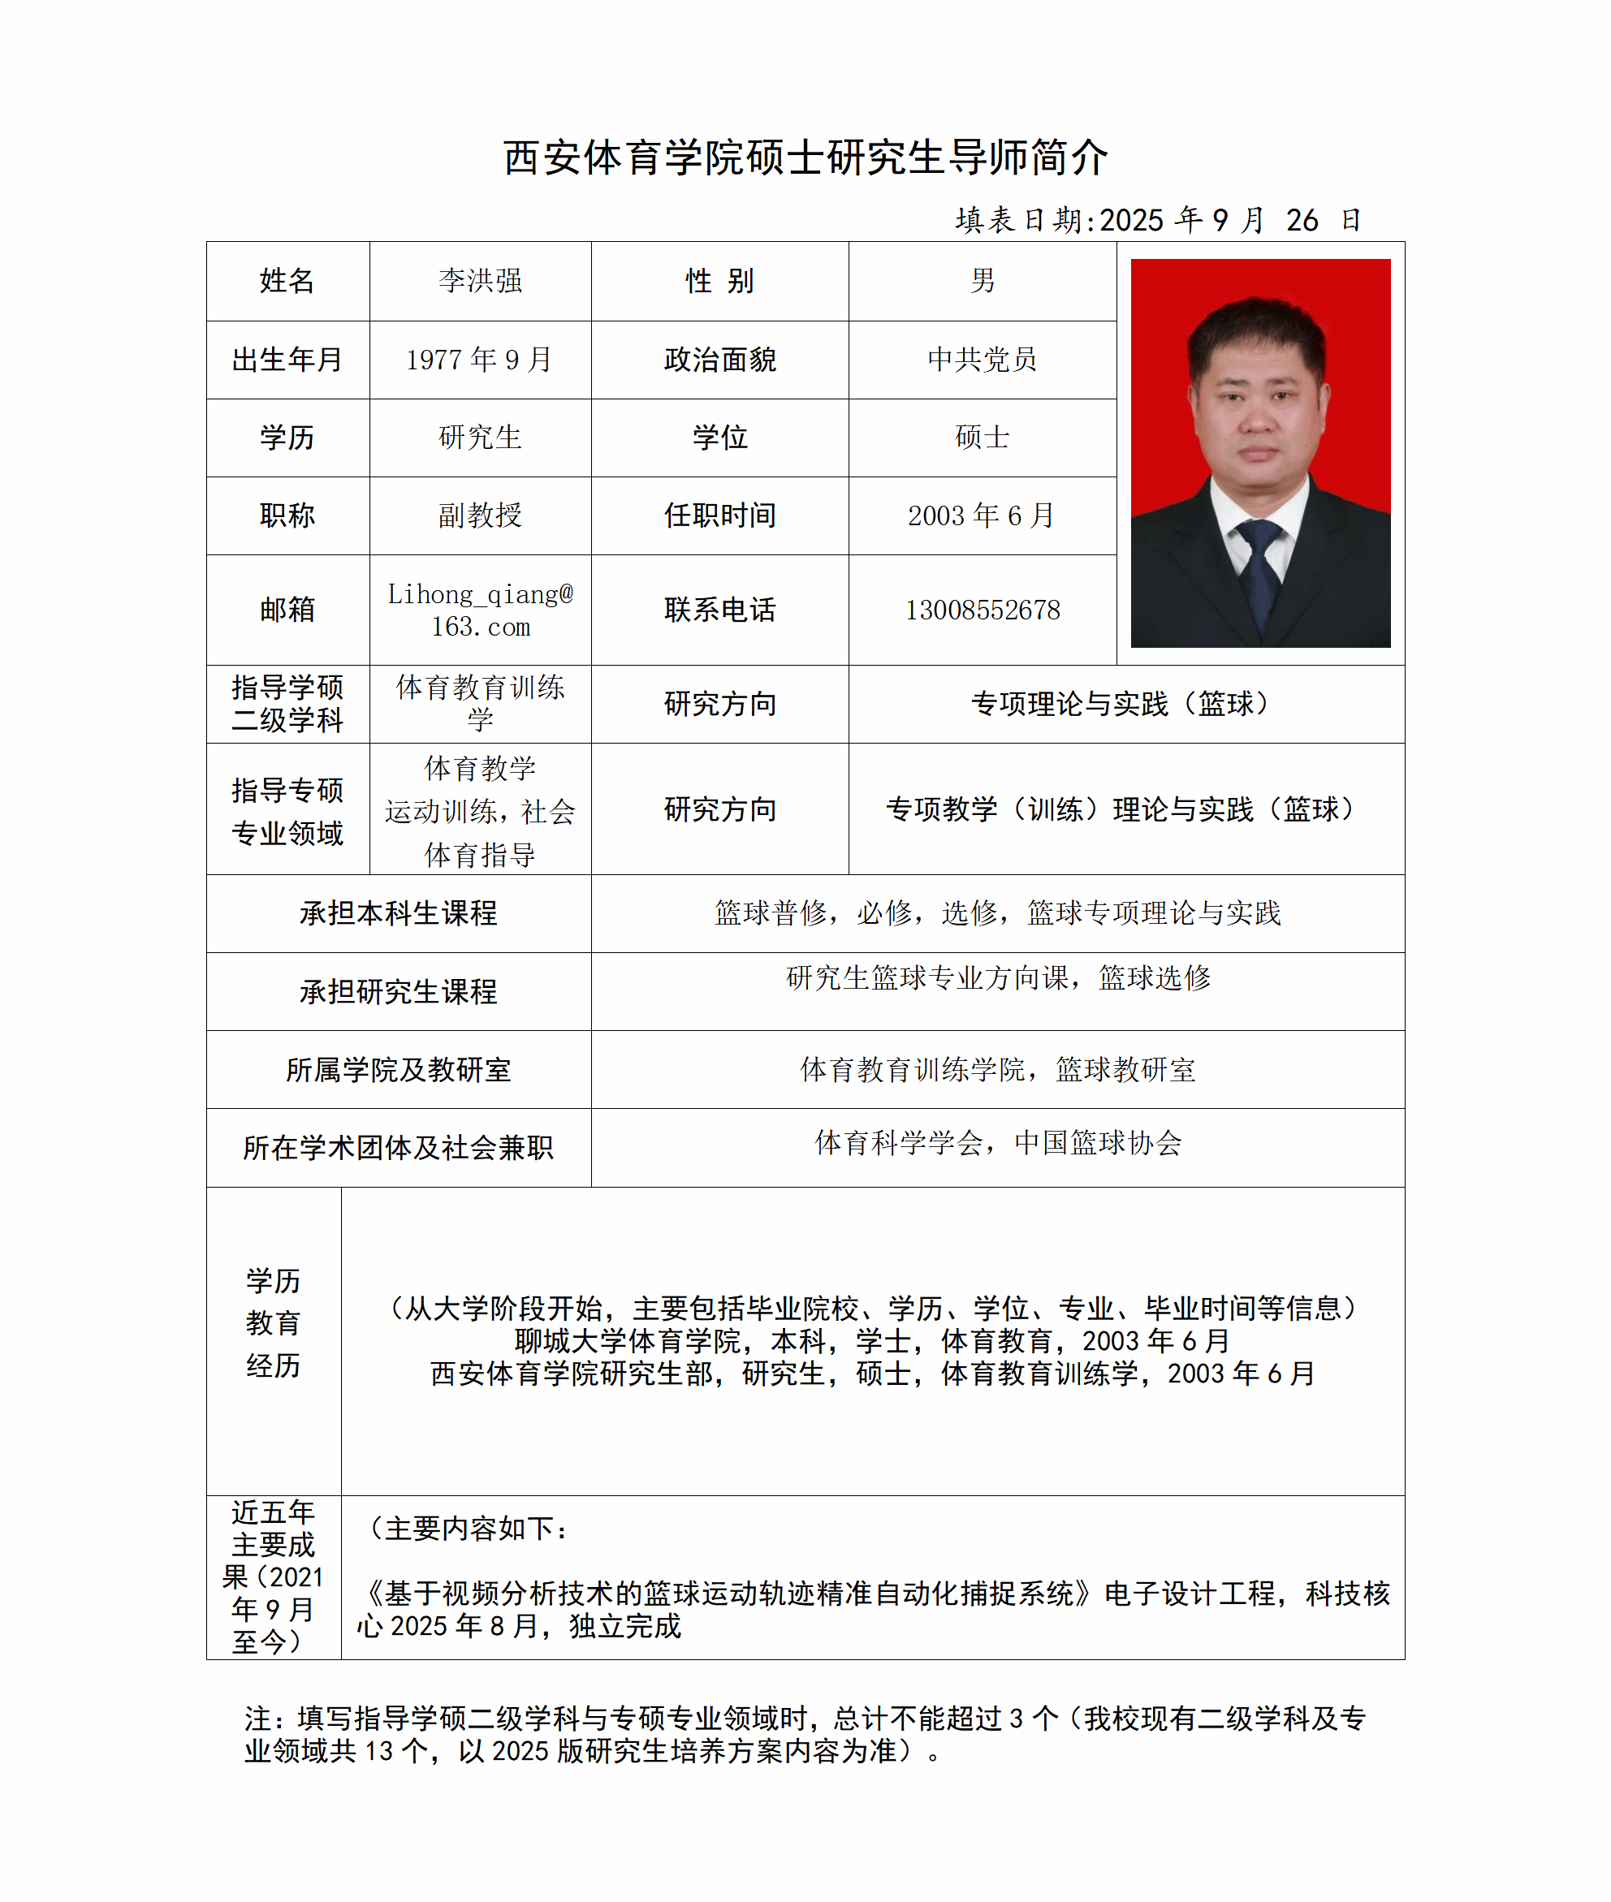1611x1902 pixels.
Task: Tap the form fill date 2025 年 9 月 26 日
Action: click(1158, 220)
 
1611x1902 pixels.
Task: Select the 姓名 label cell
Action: click(287, 280)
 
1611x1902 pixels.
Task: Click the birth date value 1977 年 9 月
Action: click(479, 360)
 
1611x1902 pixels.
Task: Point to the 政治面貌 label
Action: click(719, 360)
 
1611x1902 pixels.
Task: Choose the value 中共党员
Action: click(982, 360)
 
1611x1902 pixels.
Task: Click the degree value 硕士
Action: click(982, 438)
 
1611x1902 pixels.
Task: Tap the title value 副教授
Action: click(479, 515)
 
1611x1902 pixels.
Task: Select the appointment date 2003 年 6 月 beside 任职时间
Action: click(982, 515)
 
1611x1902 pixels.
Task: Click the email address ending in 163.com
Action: click(479, 610)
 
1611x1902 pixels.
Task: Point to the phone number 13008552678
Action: click(982, 610)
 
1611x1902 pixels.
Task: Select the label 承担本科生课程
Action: click(398, 913)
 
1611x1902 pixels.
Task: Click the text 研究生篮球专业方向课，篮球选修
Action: click(997, 978)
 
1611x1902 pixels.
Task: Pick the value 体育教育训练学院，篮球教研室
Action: click(997, 1069)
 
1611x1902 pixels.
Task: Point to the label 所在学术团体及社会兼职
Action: click(398, 1148)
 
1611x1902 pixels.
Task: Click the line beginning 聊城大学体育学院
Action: click(872, 1340)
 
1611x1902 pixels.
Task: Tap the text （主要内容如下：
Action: click(468, 1528)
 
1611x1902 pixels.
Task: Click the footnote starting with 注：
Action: click(804, 1734)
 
